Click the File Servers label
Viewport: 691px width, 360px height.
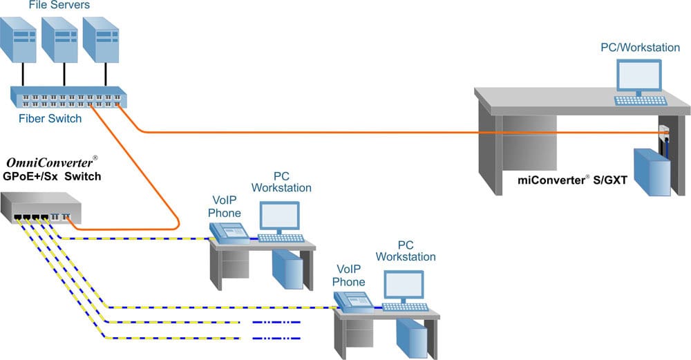(x=59, y=6)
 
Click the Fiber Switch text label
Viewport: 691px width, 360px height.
(x=50, y=118)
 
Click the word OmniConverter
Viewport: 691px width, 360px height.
(x=49, y=163)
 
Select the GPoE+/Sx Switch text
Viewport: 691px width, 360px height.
(x=52, y=176)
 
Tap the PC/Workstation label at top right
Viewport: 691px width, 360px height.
(x=630, y=48)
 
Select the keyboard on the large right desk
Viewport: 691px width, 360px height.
(x=641, y=100)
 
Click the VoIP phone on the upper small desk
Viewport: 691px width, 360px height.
(x=230, y=233)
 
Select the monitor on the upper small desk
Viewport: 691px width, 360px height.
(x=279, y=218)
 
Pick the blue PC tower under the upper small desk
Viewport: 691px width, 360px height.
(x=287, y=267)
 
